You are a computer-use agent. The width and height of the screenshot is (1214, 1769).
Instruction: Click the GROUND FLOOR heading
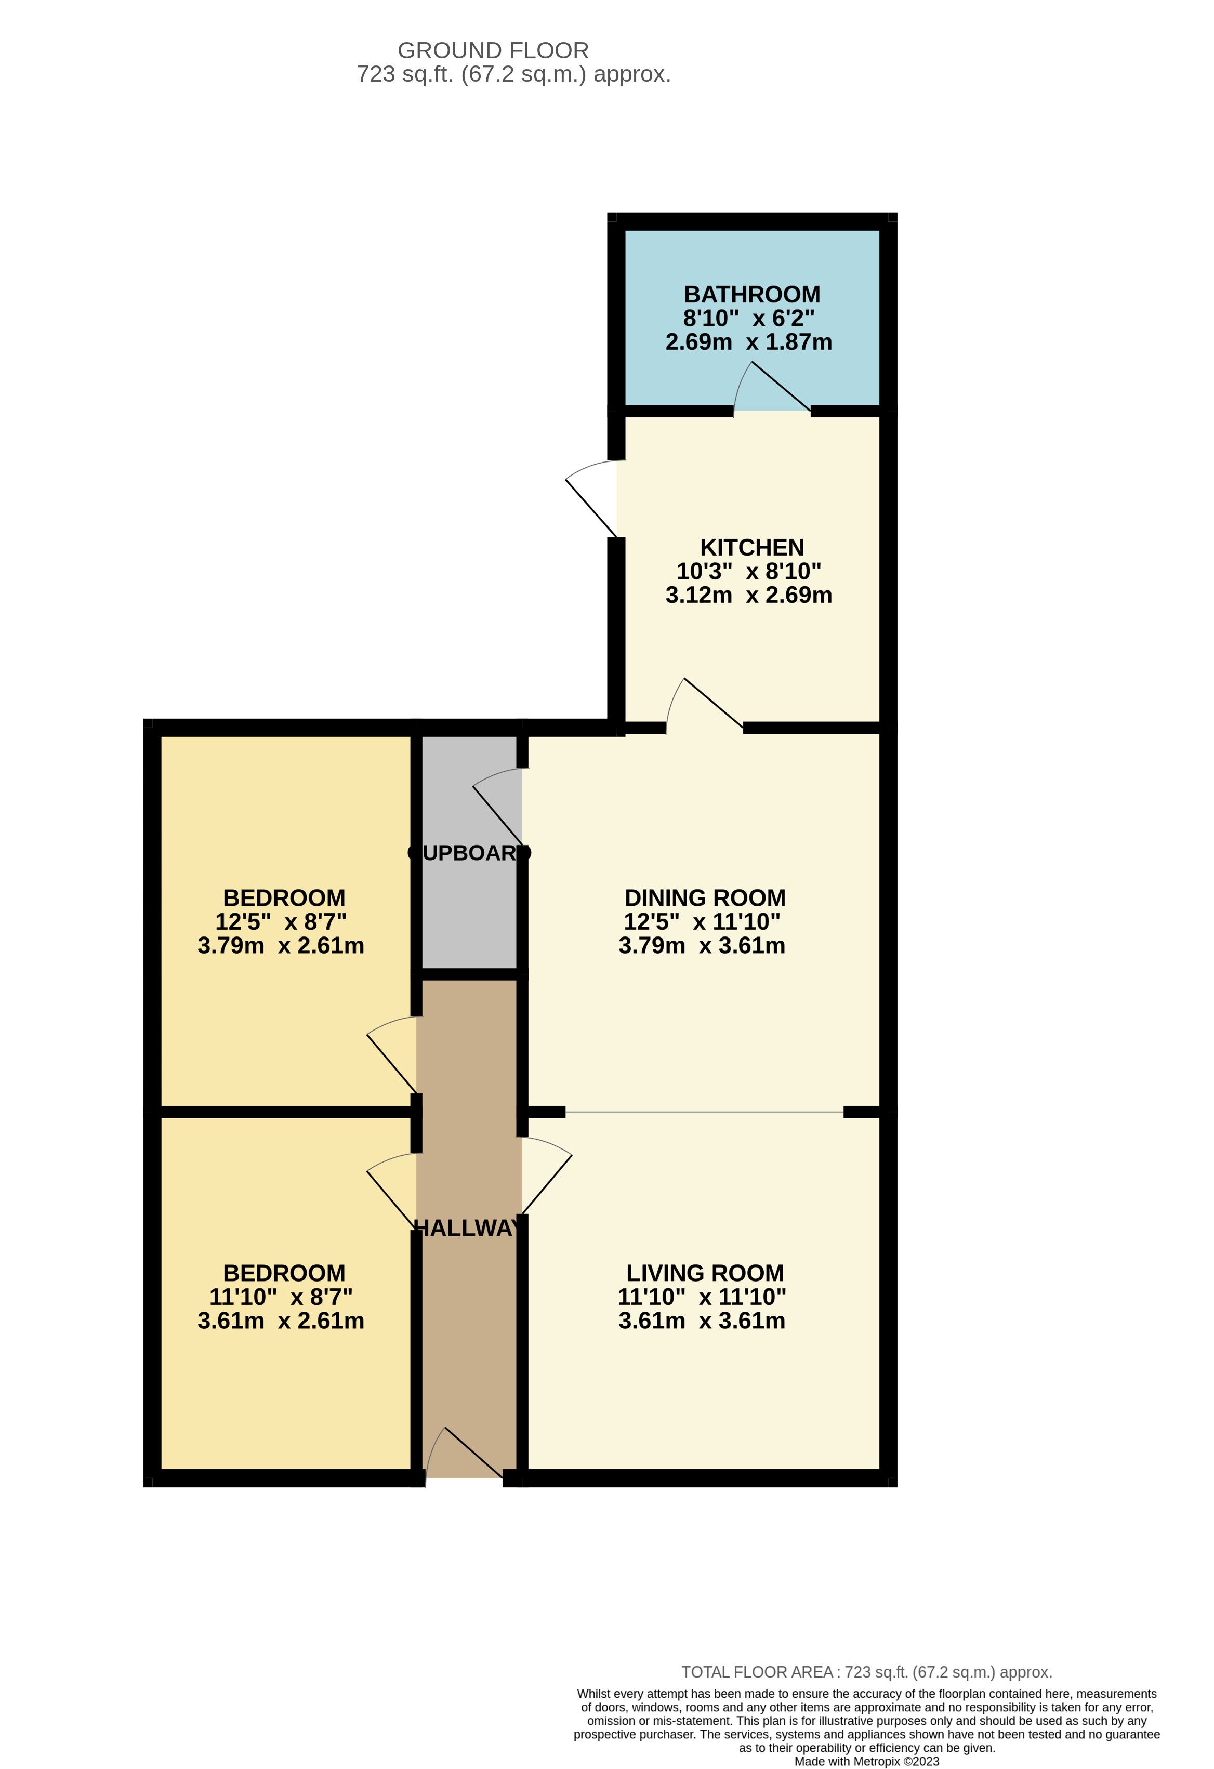[493, 50]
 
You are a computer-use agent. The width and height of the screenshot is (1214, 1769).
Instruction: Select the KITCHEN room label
[752, 547]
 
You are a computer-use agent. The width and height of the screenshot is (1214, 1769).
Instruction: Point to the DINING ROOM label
[705, 897]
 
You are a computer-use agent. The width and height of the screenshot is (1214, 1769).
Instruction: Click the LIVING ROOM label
[705, 1273]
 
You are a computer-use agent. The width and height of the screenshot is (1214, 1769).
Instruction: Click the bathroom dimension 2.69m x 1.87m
[749, 342]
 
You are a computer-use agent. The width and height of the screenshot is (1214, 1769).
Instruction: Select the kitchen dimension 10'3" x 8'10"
[749, 571]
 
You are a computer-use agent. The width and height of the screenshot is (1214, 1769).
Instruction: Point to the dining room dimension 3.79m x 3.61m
[702, 945]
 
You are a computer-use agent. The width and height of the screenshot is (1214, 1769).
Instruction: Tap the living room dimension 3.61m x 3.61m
[702, 1321]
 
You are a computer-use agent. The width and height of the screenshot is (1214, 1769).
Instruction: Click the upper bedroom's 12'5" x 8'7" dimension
[281, 922]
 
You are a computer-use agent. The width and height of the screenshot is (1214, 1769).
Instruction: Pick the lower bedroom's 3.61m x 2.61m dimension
[281, 1321]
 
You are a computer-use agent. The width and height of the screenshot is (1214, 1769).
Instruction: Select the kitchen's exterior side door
[592, 498]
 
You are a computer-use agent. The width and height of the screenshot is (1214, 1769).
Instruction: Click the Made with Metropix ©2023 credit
[867, 1761]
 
